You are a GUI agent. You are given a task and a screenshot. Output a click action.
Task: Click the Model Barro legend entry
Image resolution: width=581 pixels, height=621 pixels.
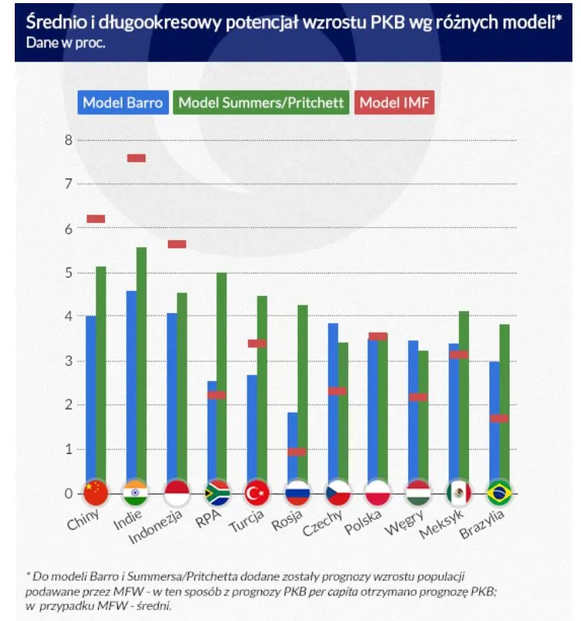click(x=123, y=103)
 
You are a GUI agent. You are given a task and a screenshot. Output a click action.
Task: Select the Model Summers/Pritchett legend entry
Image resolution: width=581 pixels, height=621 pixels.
click(x=261, y=103)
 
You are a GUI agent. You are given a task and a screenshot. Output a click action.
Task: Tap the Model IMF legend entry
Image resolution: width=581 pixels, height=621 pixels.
click(x=394, y=103)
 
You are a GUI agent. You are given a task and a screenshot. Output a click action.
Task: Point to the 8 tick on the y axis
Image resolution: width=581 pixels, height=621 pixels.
click(x=68, y=141)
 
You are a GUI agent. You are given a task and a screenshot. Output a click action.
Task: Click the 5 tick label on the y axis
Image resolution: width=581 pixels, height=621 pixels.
click(x=68, y=273)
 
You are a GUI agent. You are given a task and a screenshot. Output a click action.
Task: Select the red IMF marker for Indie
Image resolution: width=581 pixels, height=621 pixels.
click(x=136, y=158)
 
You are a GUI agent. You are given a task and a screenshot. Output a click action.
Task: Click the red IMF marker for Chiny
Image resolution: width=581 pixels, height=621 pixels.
click(x=96, y=218)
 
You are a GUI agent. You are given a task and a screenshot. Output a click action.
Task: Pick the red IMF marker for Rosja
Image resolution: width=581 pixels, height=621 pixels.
click(x=297, y=452)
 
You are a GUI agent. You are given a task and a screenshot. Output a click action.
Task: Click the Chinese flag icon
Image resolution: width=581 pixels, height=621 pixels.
click(x=96, y=493)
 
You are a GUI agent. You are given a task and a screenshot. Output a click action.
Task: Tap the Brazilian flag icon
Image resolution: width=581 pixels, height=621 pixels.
click(x=499, y=493)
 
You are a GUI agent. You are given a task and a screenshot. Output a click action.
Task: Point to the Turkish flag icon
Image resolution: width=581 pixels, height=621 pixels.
click(x=257, y=493)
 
